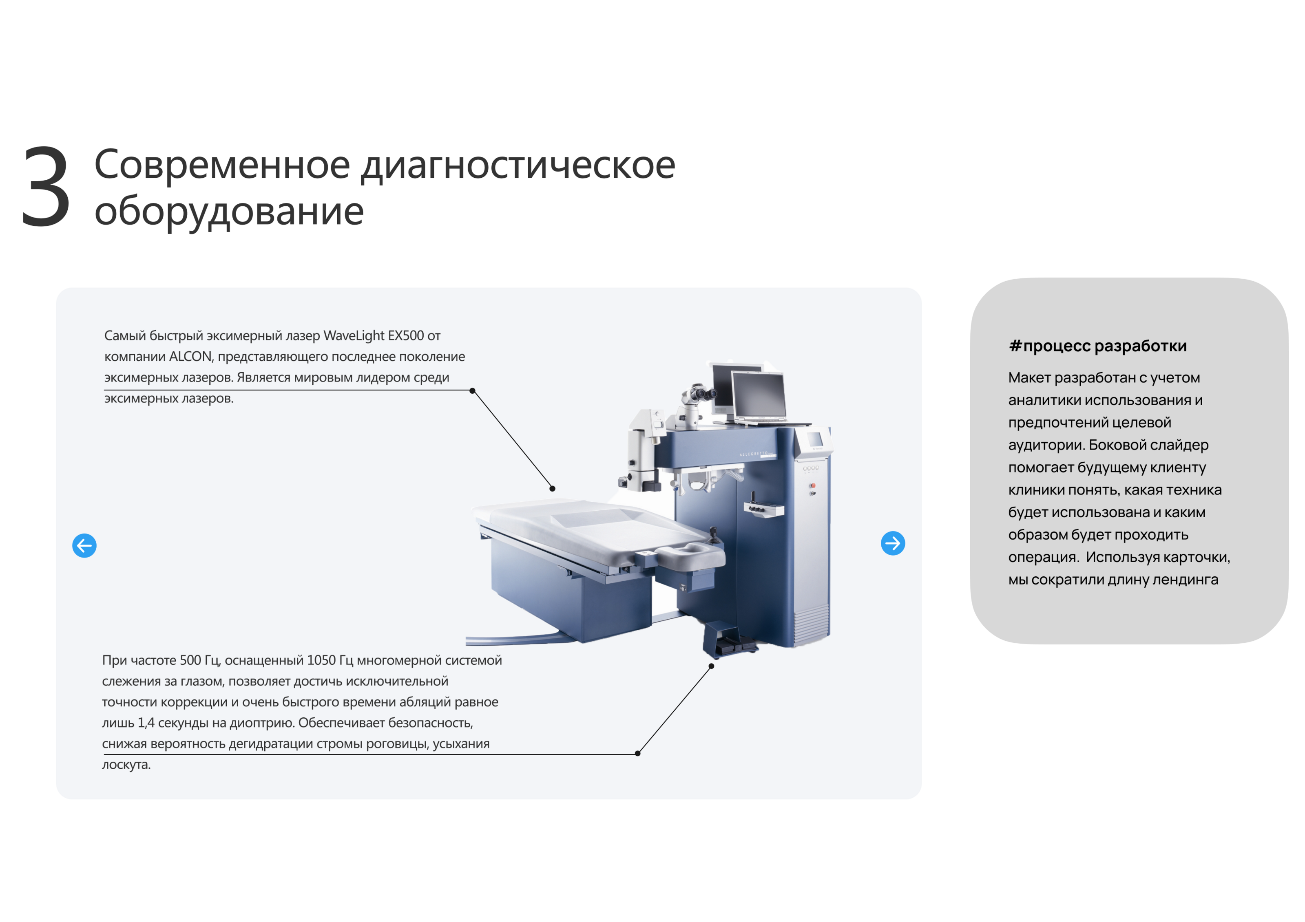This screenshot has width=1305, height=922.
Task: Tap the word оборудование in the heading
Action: pos(228,211)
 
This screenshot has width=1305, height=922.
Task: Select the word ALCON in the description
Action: pos(190,357)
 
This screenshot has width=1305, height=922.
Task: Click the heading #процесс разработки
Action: pos(1097,346)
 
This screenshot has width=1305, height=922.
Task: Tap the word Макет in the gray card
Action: pos(1029,378)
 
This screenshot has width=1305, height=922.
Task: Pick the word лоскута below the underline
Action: pos(126,765)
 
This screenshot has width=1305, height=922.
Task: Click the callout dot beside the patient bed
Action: pos(553,489)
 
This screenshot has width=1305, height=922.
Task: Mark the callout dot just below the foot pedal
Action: pos(711,666)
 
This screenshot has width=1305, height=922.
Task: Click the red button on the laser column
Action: pos(813,486)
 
